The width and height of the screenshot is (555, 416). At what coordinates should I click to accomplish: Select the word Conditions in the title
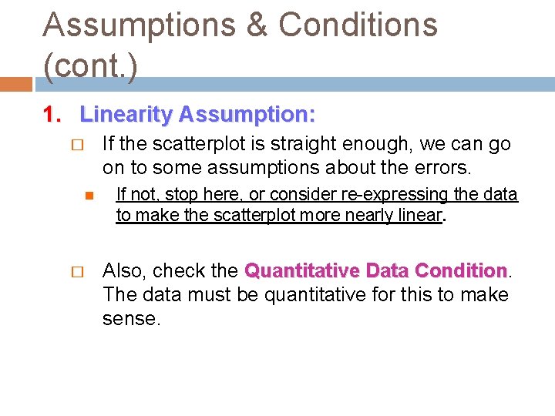358,25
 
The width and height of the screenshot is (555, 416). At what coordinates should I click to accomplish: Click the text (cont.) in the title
91,66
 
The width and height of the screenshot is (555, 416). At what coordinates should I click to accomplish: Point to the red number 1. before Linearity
52,115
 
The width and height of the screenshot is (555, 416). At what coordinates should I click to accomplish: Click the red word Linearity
126,115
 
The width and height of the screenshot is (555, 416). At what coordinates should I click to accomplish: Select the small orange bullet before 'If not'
89,196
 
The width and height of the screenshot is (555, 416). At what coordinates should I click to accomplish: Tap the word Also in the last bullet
124,271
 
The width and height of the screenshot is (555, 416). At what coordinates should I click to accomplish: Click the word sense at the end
131,318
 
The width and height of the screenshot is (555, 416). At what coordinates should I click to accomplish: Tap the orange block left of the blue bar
16,84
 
